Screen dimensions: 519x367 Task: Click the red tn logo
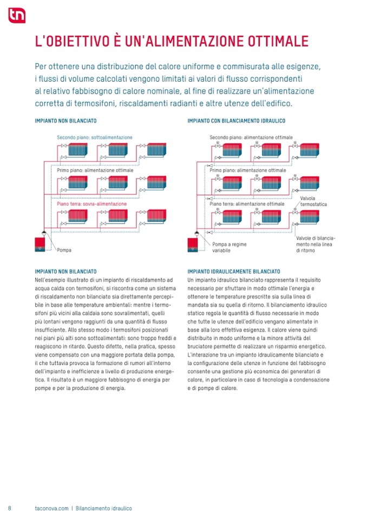click(16, 16)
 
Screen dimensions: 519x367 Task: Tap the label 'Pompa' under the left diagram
click(64, 250)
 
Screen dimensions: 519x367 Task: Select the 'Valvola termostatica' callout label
click(313, 201)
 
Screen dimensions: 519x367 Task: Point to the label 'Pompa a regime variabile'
click(229, 247)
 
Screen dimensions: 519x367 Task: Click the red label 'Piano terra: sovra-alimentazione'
click(92, 204)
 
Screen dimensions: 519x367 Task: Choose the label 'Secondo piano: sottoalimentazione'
click(94, 137)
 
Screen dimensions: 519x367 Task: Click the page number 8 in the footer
click(10, 508)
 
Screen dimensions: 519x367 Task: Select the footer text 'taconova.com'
click(48, 508)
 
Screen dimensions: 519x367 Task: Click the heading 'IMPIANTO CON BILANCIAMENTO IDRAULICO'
click(236, 121)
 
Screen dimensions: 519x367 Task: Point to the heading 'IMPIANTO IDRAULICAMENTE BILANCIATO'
click(234, 271)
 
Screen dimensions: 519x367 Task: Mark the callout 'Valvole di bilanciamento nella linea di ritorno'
click(316, 244)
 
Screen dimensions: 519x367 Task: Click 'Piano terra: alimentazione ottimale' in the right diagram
click(246, 204)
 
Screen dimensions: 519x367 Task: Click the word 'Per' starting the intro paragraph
click(41, 67)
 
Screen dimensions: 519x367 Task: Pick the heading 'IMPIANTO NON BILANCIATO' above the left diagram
click(65, 121)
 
